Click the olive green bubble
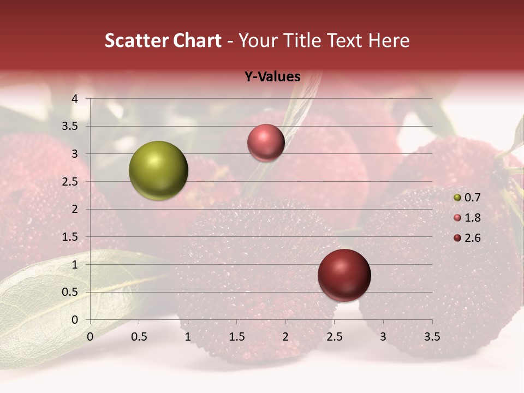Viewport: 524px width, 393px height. point(158,170)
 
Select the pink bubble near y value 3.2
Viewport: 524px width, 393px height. point(266,142)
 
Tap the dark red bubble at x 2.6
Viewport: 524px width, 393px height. point(344,275)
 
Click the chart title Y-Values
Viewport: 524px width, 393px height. point(272,77)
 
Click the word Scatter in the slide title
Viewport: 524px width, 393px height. point(135,40)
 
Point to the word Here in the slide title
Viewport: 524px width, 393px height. point(389,40)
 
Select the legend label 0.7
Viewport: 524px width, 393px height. point(472,198)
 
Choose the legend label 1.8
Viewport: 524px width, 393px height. point(472,218)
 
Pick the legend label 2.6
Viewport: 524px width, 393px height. point(472,238)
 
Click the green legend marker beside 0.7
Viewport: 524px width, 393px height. point(457,198)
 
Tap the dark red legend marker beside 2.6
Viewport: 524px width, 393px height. point(457,238)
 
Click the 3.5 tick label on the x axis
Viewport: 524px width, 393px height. point(432,337)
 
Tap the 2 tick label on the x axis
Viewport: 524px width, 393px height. point(285,337)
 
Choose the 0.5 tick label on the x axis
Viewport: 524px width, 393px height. point(139,337)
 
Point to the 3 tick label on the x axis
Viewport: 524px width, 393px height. point(383,337)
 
